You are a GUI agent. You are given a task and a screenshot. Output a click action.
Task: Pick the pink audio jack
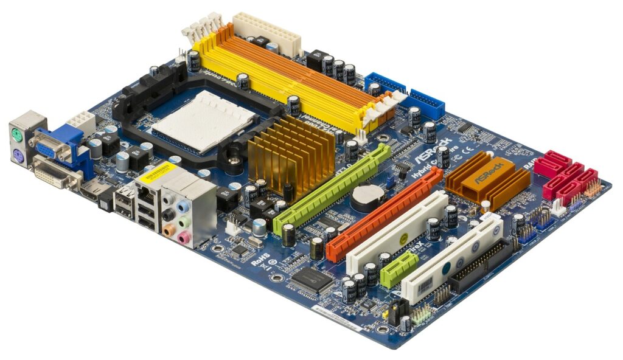tap(182, 237)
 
